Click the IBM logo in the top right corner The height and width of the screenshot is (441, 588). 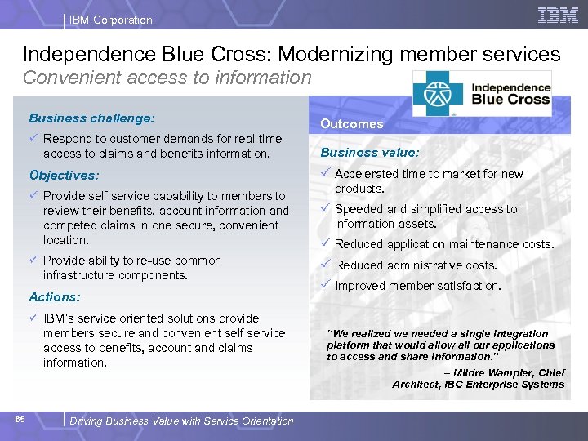coord(558,15)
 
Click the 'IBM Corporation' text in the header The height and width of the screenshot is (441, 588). coord(110,20)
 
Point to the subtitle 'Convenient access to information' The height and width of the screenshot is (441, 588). coord(167,78)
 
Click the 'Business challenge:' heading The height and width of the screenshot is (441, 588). coord(91,118)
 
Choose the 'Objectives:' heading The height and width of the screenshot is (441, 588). coord(64,176)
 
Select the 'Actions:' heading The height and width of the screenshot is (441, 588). coord(55,297)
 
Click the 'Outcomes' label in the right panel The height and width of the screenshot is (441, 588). coord(351,124)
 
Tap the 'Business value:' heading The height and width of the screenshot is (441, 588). coord(369,152)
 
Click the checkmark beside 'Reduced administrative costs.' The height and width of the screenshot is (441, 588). coord(325,265)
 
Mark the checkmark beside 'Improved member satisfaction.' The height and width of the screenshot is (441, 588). coord(325,285)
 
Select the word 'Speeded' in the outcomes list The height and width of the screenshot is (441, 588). coord(358,209)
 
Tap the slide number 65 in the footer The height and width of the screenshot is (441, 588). coord(20,420)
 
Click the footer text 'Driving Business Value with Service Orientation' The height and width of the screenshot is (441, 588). coord(181,421)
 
